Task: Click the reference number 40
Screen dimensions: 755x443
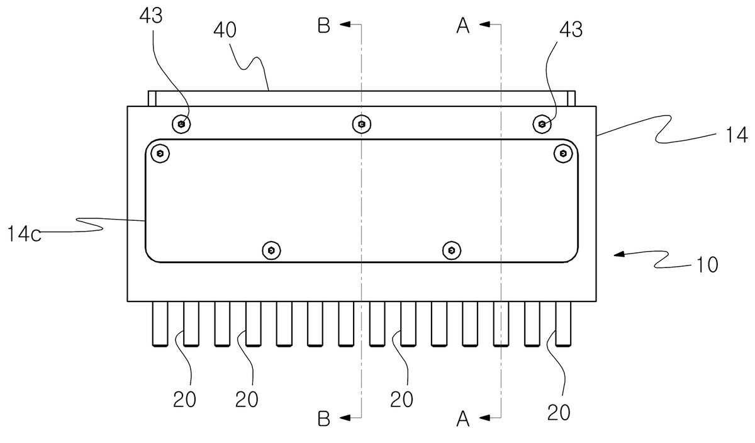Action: coord(225,30)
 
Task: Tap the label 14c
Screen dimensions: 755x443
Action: coord(24,234)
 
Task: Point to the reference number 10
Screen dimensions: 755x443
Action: coord(707,265)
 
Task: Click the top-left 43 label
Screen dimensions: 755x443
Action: coord(151,16)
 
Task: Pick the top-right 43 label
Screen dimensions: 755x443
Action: coord(571,30)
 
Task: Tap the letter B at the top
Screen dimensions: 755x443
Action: coord(324,26)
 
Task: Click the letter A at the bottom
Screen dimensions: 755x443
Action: coord(463,419)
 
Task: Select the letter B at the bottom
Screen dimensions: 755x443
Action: coord(324,418)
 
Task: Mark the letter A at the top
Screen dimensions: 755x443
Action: coord(463,26)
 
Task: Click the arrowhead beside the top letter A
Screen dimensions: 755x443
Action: coord(484,25)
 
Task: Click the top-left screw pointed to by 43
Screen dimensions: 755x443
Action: coord(181,124)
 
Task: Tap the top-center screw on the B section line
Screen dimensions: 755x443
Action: coord(362,124)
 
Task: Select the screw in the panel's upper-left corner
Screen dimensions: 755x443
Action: coord(160,154)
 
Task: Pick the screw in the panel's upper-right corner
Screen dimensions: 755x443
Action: coord(563,154)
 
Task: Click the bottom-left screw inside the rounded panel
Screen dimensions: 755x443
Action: coord(271,250)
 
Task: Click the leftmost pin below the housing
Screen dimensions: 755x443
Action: coord(160,323)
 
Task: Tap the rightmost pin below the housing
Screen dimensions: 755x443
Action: coord(563,323)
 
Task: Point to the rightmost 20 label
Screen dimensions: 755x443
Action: coord(559,412)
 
